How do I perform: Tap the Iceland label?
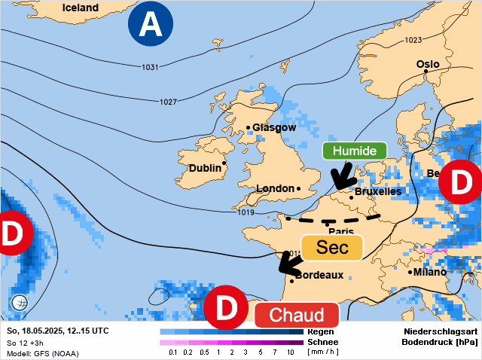coord(80,8)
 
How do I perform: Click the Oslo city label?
coord(428,65)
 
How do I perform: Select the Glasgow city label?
coord(274,127)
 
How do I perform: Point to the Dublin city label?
coord(205,168)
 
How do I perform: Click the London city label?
coord(275,188)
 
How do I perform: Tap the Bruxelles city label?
coord(377,192)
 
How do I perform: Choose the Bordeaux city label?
coord(320,276)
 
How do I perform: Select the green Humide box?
coord(355,151)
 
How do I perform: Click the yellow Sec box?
coord(332,247)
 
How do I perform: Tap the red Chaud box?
coord(297,315)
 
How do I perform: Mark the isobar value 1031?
coord(150,68)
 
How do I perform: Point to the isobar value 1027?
coord(168,102)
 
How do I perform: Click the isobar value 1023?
coord(413,40)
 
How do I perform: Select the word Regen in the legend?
coord(321,331)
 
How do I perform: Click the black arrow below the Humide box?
coord(345,178)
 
